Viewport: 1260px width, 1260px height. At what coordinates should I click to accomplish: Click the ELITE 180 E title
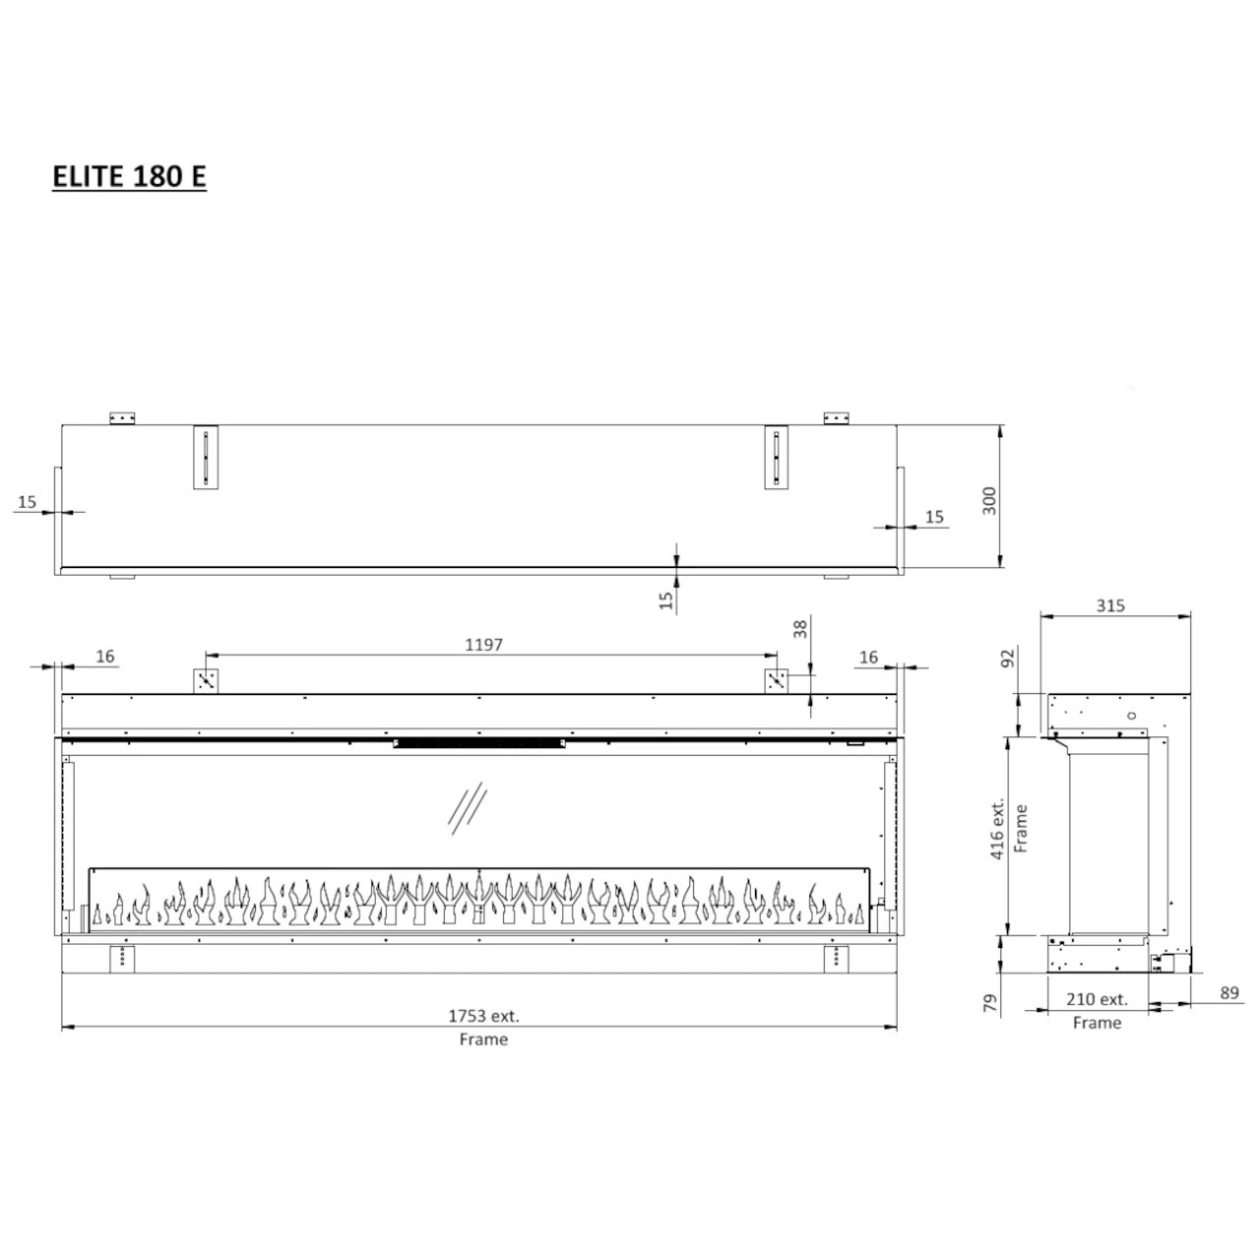point(130,176)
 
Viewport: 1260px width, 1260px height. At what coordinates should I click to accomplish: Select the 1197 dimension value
point(483,645)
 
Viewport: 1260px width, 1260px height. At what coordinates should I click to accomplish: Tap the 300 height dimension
point(989,500)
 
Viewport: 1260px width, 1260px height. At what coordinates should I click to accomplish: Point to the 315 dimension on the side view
point(1110,605)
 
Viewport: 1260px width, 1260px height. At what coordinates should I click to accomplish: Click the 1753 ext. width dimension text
point(483,1016)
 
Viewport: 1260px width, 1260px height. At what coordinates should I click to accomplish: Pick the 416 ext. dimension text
point(997,829)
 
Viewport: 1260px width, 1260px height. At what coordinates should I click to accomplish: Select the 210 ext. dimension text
point(1098,999)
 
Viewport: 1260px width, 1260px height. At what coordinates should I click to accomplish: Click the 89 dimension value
point(1229,992)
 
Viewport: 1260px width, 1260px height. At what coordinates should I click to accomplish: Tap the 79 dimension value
point(992,1002)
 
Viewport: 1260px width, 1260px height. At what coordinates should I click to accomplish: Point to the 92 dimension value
point(1009,658)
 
